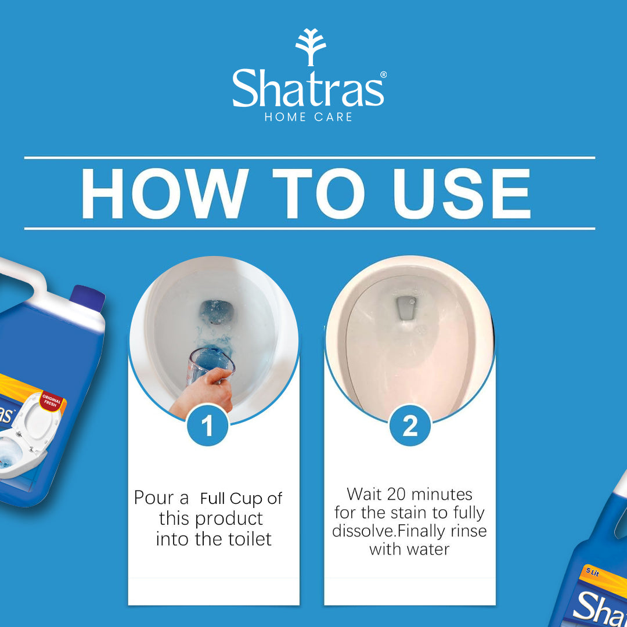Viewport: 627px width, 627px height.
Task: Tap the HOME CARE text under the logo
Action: click(308, 117)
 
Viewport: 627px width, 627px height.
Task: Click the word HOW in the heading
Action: click(163, 194)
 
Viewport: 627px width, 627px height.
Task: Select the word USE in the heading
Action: click(462, 194)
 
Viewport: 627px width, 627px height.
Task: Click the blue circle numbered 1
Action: click(208, 427)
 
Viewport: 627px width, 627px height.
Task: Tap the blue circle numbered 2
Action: click(410, 427)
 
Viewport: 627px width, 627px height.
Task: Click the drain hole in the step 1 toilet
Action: click(215, 311)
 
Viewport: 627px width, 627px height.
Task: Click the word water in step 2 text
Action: click(428, 549)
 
